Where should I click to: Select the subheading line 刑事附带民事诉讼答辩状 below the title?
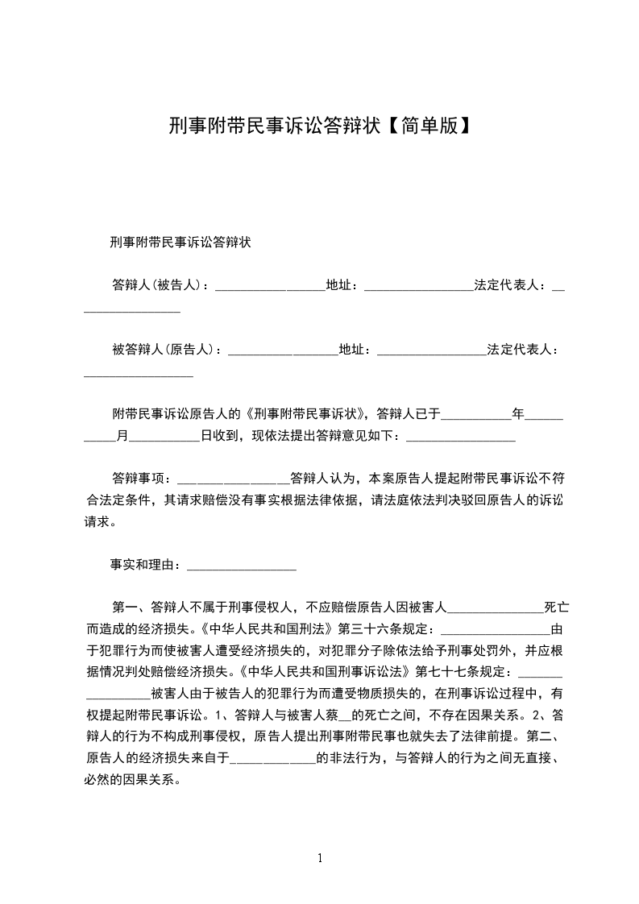181,242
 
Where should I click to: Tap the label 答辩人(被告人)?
160,285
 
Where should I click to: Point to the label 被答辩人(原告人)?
167,350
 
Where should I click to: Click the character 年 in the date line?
518,414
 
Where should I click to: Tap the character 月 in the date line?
122,436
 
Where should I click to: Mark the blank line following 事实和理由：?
242,566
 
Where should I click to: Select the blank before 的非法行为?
273,758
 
